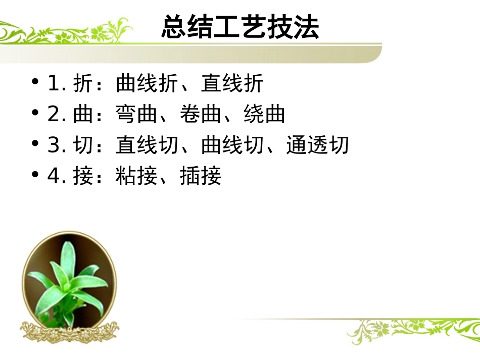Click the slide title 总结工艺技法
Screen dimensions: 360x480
[240, 27]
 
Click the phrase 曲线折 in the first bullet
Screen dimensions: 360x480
[147, 84]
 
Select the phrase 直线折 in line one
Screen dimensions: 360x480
[232, 84]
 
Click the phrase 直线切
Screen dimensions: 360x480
[147, 146]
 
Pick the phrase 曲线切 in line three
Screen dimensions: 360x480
[232, 146]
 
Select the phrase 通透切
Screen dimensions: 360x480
[317, 146]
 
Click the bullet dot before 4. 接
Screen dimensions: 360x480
[35, 174]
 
